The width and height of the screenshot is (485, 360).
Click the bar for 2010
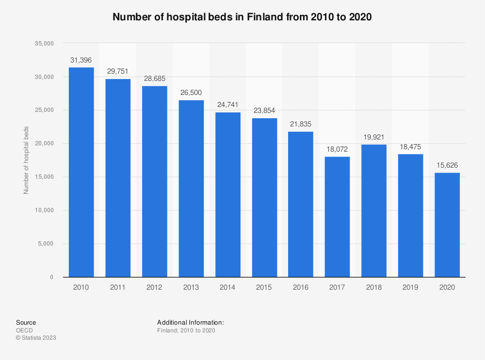tap(81, 172)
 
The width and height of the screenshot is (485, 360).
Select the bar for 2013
tap(191, 188)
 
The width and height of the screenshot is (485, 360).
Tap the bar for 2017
tap(337, 217)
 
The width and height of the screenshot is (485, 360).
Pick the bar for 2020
tap(447, 225)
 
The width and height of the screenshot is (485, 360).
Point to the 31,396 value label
tap(81, 60)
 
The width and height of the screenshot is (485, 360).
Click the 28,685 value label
tap(154, 79)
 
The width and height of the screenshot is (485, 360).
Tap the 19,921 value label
tap(373, 137)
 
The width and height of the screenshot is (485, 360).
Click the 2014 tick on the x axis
tap(227, 287)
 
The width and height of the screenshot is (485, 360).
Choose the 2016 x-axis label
tap(301, 287)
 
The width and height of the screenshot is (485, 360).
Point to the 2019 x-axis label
tap(410, 287)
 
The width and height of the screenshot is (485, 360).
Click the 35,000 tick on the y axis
tap(43, 44)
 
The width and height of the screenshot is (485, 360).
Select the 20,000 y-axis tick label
tap(43, 144)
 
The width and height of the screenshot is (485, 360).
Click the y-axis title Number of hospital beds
tap(26, 160)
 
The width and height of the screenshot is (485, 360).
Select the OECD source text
tap(24, 330)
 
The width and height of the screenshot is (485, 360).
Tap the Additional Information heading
tap(190, 322)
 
